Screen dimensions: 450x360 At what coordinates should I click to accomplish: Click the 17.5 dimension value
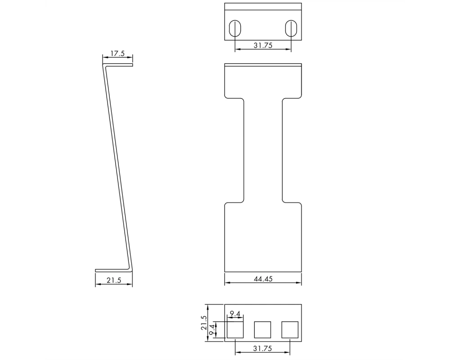click(117, 54)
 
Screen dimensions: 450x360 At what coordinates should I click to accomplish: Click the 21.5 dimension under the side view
click(114, 280)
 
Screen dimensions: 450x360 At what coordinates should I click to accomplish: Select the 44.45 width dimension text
click(263, 279)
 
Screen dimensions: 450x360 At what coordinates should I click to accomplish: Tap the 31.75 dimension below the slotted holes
click(263, 45)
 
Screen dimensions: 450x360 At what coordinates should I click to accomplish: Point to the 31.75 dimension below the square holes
click(262, 348)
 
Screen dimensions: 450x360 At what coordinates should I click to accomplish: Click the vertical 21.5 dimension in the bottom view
click(204, 323)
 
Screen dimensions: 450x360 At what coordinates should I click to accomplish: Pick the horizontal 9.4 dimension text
click(235, 314)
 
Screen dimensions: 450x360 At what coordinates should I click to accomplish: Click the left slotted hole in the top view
click(235, 28)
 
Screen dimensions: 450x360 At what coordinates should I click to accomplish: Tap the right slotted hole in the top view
click(291, 28)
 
